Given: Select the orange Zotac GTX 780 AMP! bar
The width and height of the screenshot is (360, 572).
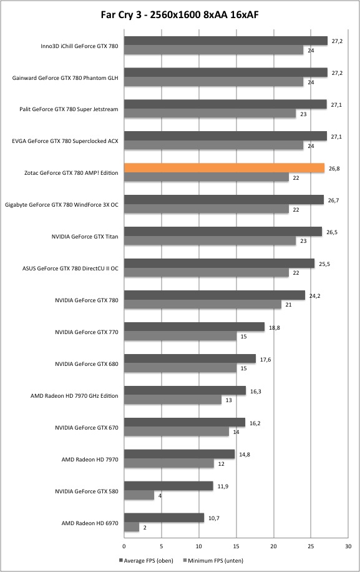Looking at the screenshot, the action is click(x=224, y=168).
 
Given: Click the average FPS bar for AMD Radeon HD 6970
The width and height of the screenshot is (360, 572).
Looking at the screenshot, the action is click(x=164, y=518).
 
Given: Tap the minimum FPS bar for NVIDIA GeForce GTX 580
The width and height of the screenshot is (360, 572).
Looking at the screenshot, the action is click(x=139, y=495).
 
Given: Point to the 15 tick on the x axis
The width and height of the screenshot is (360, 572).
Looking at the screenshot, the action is click(x=236, y=546).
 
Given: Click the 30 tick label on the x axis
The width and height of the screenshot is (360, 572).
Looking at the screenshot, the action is click(x=348, y=546).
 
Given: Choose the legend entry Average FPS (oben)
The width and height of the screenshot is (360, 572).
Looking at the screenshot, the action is click(x=146, y=560).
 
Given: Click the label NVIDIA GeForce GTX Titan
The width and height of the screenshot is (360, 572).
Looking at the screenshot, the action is click(x=85, y=237).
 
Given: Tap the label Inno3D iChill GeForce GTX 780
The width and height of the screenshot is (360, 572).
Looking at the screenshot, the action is click(x=79, y=46).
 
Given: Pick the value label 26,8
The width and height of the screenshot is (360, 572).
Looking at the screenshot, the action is click(x=334, y=169).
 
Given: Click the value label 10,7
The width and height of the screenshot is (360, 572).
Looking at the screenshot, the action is click(x=214, y=518).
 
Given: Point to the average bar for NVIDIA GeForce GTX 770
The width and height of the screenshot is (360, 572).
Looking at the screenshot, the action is click(x=194, y=327).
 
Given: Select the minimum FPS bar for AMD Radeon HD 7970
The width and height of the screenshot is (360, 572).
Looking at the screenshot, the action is click(x=169, y=463).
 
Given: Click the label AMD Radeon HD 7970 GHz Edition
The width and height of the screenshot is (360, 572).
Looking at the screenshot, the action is click(x=74, y=396).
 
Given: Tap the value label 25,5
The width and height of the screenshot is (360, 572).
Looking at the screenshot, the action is click(x=324, y=264).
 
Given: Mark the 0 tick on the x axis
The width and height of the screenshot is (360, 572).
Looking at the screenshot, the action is click(x=124, y=546).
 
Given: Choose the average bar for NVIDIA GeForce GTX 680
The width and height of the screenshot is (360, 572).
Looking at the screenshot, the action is click(x=190, y=358).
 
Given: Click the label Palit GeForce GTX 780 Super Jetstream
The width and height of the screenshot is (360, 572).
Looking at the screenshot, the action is click(x=69, y=109).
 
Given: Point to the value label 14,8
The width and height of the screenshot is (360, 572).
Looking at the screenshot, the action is click(x=245, y=455).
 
